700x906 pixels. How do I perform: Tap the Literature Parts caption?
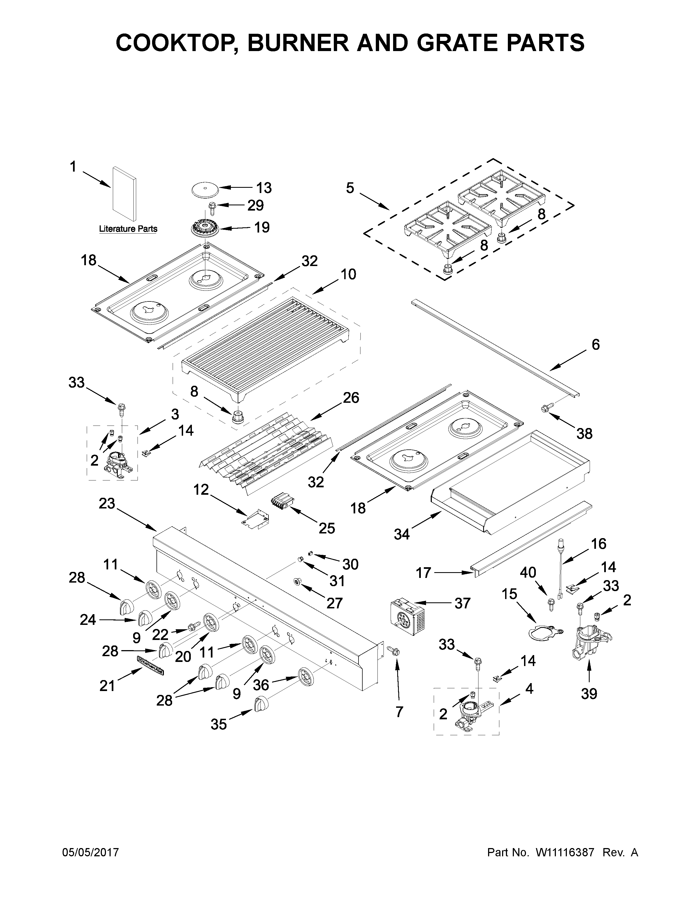click(128, 229)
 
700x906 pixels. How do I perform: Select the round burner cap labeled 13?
click(205, 190)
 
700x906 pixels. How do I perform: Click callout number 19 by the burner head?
click(262, 227)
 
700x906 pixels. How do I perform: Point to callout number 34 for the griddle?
click(401, 534)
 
